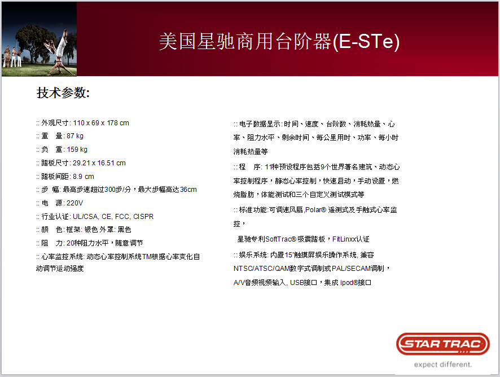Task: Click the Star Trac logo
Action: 443,344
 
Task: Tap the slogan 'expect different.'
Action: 443,365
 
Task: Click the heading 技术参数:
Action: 63,93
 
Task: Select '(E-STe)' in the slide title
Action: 366,42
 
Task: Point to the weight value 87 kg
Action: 75,136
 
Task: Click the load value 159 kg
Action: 77,149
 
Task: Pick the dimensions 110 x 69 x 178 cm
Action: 101,123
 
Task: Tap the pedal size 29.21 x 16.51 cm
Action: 99,163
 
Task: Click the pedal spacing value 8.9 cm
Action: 83,177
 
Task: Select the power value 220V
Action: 74,203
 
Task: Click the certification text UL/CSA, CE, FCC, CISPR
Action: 113,217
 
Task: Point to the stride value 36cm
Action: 188,190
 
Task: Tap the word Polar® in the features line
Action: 315,210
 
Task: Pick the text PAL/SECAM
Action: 350,269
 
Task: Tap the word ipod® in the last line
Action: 349,283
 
